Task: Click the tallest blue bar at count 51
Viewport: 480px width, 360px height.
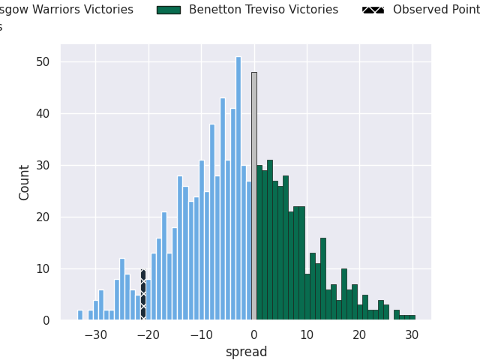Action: (x=238, y=187)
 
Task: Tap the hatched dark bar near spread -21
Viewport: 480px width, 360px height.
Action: (x=143, y=295)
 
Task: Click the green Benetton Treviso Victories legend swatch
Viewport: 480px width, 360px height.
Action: (x=168, y=10)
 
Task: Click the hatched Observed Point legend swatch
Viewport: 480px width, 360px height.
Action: (x=373, y=10)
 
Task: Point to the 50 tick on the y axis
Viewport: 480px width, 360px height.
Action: (x=46, y=61)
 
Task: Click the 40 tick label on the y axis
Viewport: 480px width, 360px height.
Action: (x=46, y=113)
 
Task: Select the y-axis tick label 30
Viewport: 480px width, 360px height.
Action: (x=46, y=165)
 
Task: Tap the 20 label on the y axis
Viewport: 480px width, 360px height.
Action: (x=46, y=217)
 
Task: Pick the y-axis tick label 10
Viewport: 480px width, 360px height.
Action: (x=46, y=268)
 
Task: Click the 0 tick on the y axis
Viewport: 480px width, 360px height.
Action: (x=49, y=320)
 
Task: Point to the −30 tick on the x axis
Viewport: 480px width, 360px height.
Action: (x=95, y=335)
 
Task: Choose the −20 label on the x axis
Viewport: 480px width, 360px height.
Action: (x=148, y=335)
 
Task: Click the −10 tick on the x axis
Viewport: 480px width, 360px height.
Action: (x=200, y=335)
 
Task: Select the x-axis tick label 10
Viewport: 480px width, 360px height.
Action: (x=307, y=335)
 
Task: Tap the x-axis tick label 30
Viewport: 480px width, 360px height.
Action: (x=412, y=335)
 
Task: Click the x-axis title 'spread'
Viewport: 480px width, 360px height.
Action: (x=246, y=352)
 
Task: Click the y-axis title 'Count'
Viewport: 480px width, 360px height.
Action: (x=25, y=182)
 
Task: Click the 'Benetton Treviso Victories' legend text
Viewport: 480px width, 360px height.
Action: (x=263, y=10)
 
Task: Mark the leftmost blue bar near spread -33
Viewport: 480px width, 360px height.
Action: (x=80, y=315)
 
